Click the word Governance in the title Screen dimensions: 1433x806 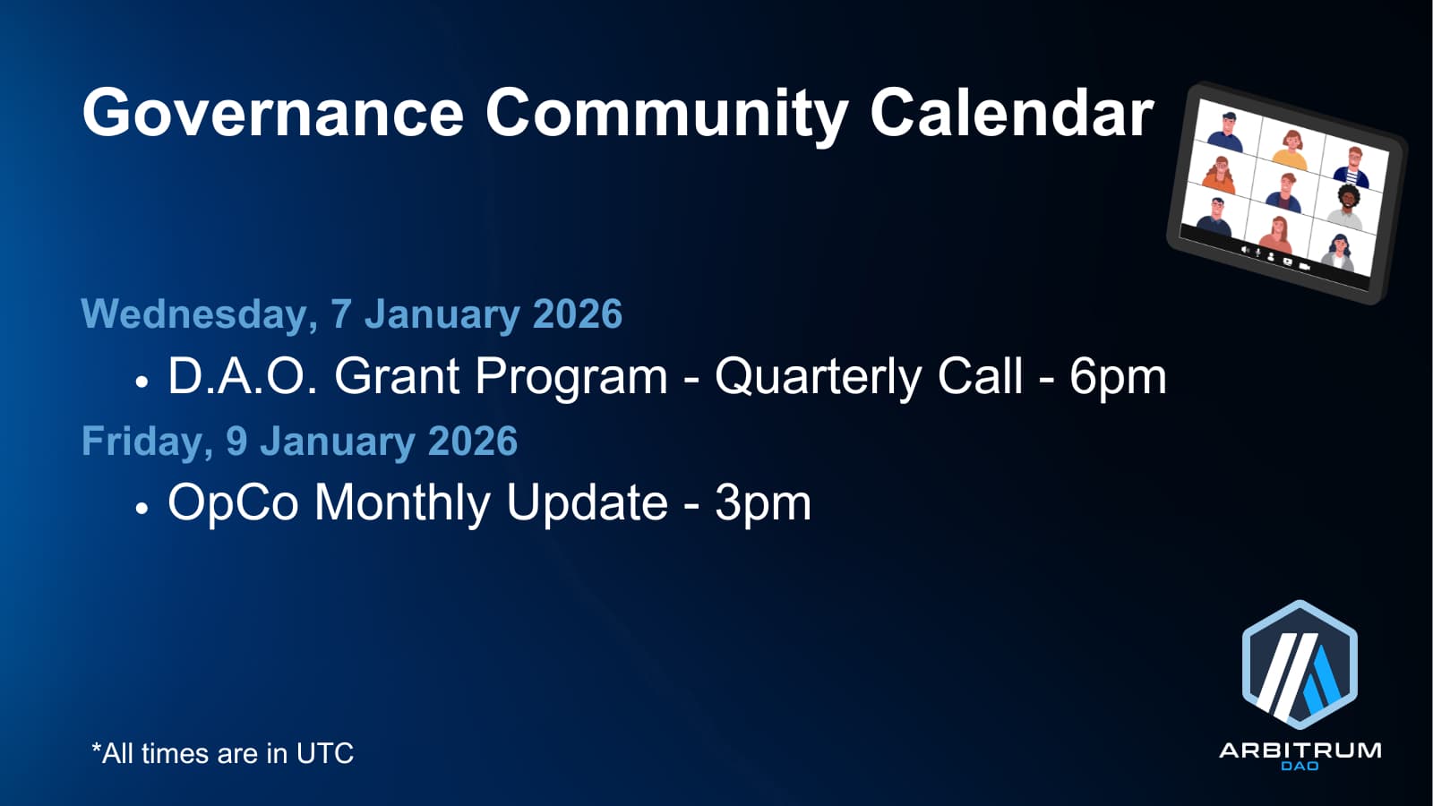[x=272, y=113]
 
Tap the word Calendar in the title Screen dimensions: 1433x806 [x=1011, y=112]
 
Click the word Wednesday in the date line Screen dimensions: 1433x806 [x=199, y=314]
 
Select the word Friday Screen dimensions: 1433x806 [x=147, y=442]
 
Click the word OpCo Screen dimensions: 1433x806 [x=233, y=503]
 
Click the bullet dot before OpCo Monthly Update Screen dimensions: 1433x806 [x=142, y=509]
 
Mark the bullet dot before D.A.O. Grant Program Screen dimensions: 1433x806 [x=142, y=382]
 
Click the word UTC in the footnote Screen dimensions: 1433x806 [x=324, y=753]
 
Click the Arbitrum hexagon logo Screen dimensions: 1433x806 [x=1300, y=665]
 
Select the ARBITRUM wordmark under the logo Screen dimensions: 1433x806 [x=1300, y=750]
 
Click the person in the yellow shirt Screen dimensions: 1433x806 [x=1290, y=150]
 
